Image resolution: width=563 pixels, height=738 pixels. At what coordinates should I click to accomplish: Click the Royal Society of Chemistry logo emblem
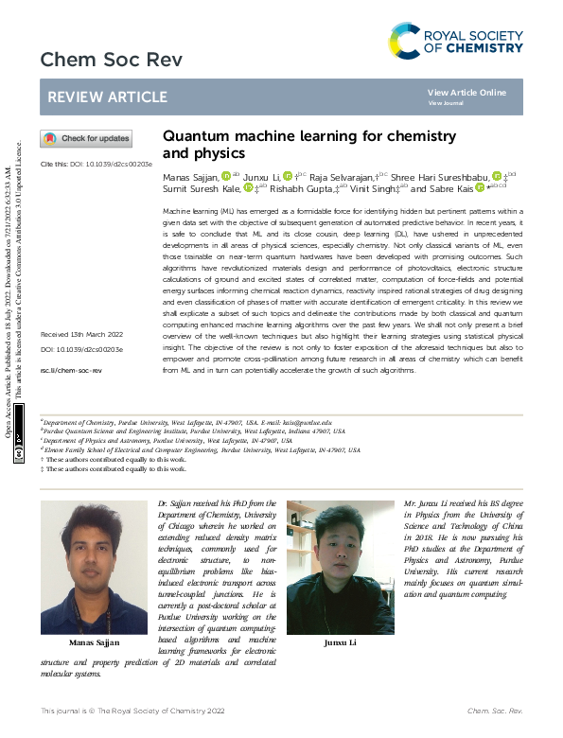(405, 41)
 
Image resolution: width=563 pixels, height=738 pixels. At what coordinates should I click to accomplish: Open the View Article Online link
(466, 93)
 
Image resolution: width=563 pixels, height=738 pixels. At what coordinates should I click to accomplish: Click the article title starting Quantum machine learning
(296, 144)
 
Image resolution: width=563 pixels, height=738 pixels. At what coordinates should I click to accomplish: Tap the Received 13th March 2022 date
(81, 335)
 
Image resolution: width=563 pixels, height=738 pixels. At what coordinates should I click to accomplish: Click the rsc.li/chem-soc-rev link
(71, 371)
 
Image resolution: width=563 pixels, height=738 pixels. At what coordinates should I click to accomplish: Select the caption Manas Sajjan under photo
(95, 642)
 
